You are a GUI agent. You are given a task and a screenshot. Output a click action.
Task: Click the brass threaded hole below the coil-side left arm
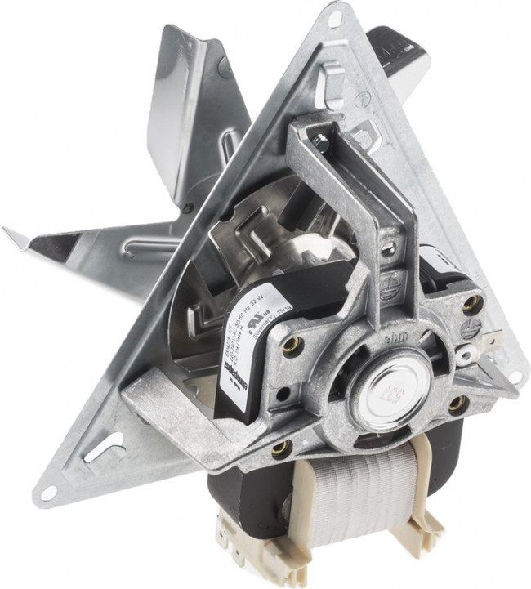tap(283, 446)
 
